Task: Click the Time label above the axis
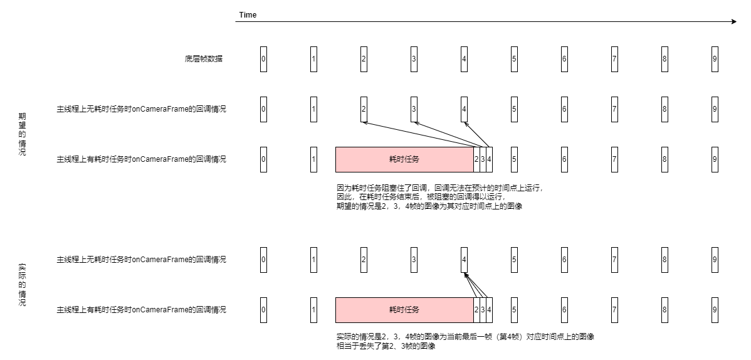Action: pyautogui.click(x=248, y=14)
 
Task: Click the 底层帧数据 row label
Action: pyautogui.click(x=204, y=59)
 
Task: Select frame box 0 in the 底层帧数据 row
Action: pyautogui.click(x=263, y=59)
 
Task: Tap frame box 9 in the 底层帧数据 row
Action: pyautogui.click(x=715, y=59)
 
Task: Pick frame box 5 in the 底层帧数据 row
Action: pyautogui.click(x=514, y=59)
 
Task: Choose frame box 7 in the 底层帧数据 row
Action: pyautogui.click(x=614, y=59)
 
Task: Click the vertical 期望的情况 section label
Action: pyautogui.click(x=23, y=134)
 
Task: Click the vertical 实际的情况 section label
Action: pyautogui.click(x=23, y=284)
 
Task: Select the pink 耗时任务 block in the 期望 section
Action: pyautogui.click(x=404, y=159)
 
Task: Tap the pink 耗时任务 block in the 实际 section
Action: pyautogui.click(x=404, y=310)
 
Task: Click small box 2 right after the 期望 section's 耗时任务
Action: pyautogui.click(x=476, y=159)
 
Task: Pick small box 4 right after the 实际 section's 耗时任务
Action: pyautogui.click(x=489, y=310)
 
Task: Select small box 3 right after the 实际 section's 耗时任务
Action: pyautogui.click(x=483, y=310)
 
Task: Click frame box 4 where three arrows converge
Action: pyautogui.click(x=464, y=260)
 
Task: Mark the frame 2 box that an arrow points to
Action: pyautogui.click(x=364, y=109)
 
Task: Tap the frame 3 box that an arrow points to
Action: pyautogui.click(x=414, y=109)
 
